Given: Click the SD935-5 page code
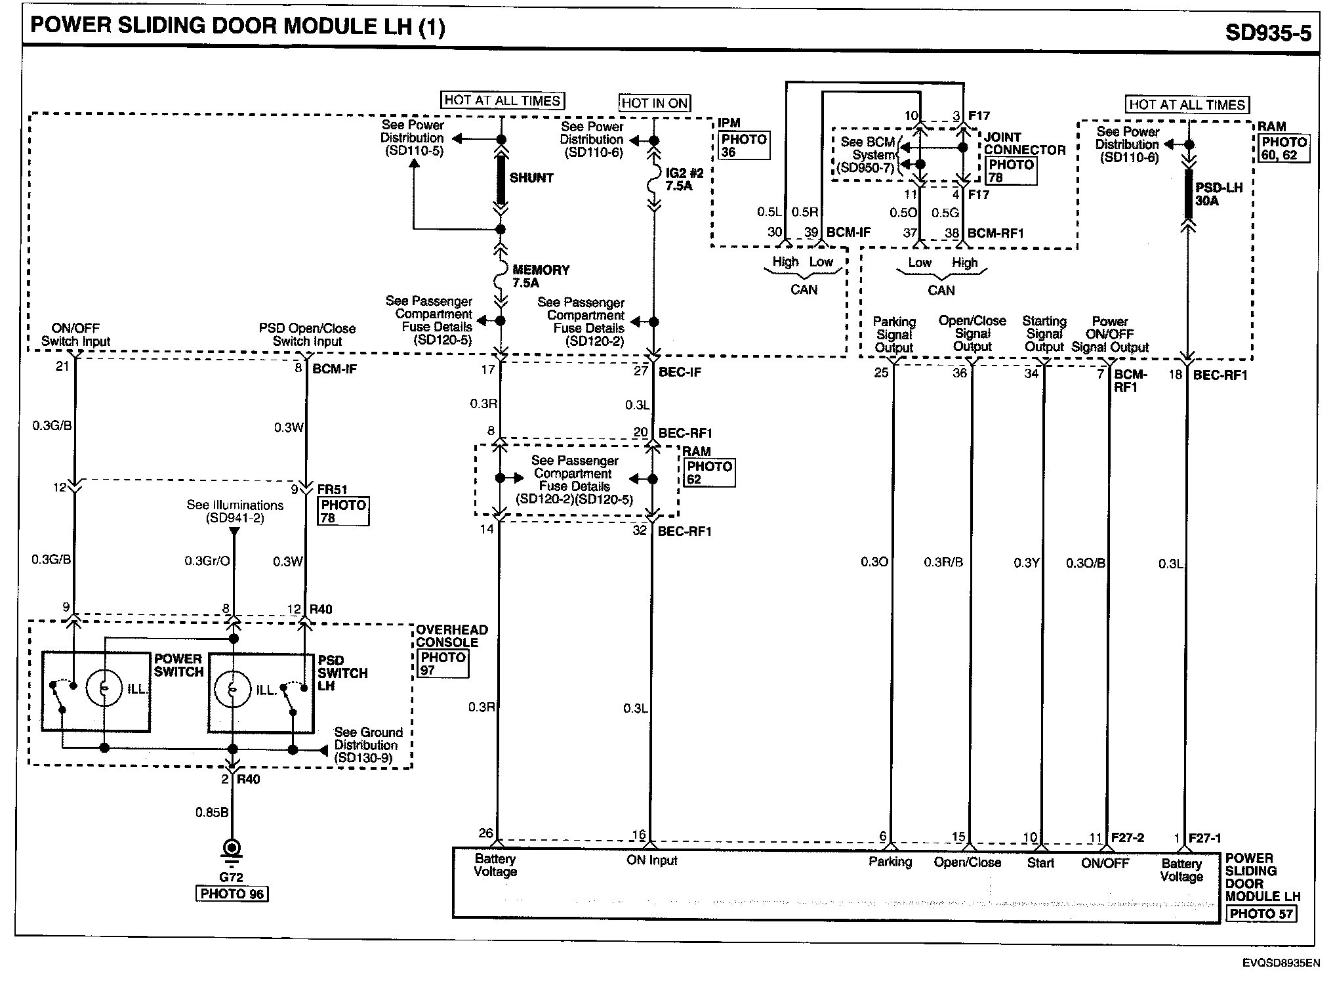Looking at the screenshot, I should click(1267, 31).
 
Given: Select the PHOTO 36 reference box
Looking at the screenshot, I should click(743, 146).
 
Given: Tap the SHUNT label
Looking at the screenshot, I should click(531, 178).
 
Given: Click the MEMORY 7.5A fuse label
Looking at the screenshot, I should click(540, 276).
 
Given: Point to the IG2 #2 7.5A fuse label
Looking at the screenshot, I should click(684, 179).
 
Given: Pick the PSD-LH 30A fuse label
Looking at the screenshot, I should click(1218, 194).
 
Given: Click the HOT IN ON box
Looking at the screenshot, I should click(654, 103).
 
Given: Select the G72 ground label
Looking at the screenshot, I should click(231, 877).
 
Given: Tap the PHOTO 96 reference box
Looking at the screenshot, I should click(232, 894).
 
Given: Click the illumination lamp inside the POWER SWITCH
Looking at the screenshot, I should click(104, 688).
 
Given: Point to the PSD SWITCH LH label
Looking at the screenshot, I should click(342, 673).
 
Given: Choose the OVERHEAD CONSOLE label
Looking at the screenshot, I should click(451, 636).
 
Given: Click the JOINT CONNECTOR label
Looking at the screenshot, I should click(1024, 143).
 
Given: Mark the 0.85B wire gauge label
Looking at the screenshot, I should click(211, 812).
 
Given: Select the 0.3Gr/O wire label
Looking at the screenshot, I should click(207, 561).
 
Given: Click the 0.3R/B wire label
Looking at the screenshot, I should click(943, 562).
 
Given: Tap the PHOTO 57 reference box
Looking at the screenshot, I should click(1260, 913).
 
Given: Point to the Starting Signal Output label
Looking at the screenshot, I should click(1044, 334).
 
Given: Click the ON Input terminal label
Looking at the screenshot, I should click(651, 860).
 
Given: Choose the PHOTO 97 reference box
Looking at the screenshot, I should click(443, 663).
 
